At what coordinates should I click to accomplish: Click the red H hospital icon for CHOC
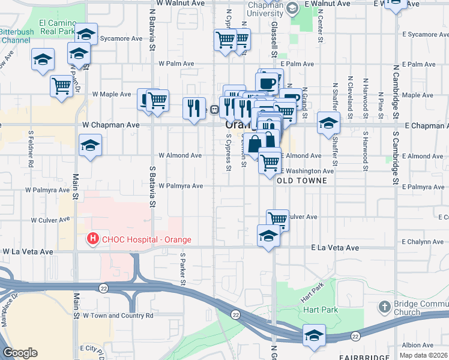[92, 239]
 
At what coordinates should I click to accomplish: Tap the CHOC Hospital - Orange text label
[146, 239]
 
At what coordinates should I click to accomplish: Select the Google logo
[20, 353]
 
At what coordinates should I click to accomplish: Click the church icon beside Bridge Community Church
[384, 308]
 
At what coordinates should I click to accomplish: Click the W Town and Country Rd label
[118, 315]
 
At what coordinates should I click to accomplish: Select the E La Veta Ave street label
[334, 247]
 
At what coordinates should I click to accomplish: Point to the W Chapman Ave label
[110, 125]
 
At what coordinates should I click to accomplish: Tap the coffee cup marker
[267, 82]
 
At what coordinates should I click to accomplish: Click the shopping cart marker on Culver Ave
[277, 219]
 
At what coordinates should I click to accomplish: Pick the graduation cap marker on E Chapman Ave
[328, 123]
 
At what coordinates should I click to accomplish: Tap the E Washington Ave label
[308, 171]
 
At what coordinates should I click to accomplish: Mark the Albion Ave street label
[418, 345]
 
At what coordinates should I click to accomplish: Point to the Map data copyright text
[423, 355]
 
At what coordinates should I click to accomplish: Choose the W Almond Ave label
[180, 155]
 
